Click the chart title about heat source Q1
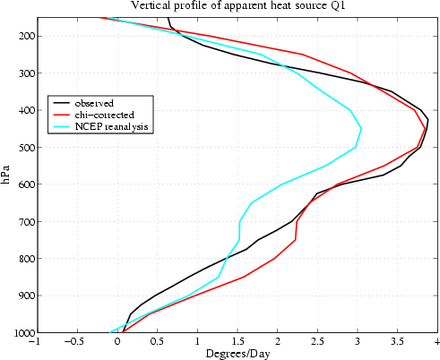click(237, 6)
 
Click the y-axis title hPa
click(7, 175)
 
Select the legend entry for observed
click(93, 103)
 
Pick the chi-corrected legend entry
click(104, 115)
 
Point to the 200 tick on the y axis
click(22, 36)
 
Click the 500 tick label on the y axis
click(22, 147)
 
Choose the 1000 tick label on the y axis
click(19, 332)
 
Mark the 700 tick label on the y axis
click(22, 221)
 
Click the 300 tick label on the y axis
click(22, 73)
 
